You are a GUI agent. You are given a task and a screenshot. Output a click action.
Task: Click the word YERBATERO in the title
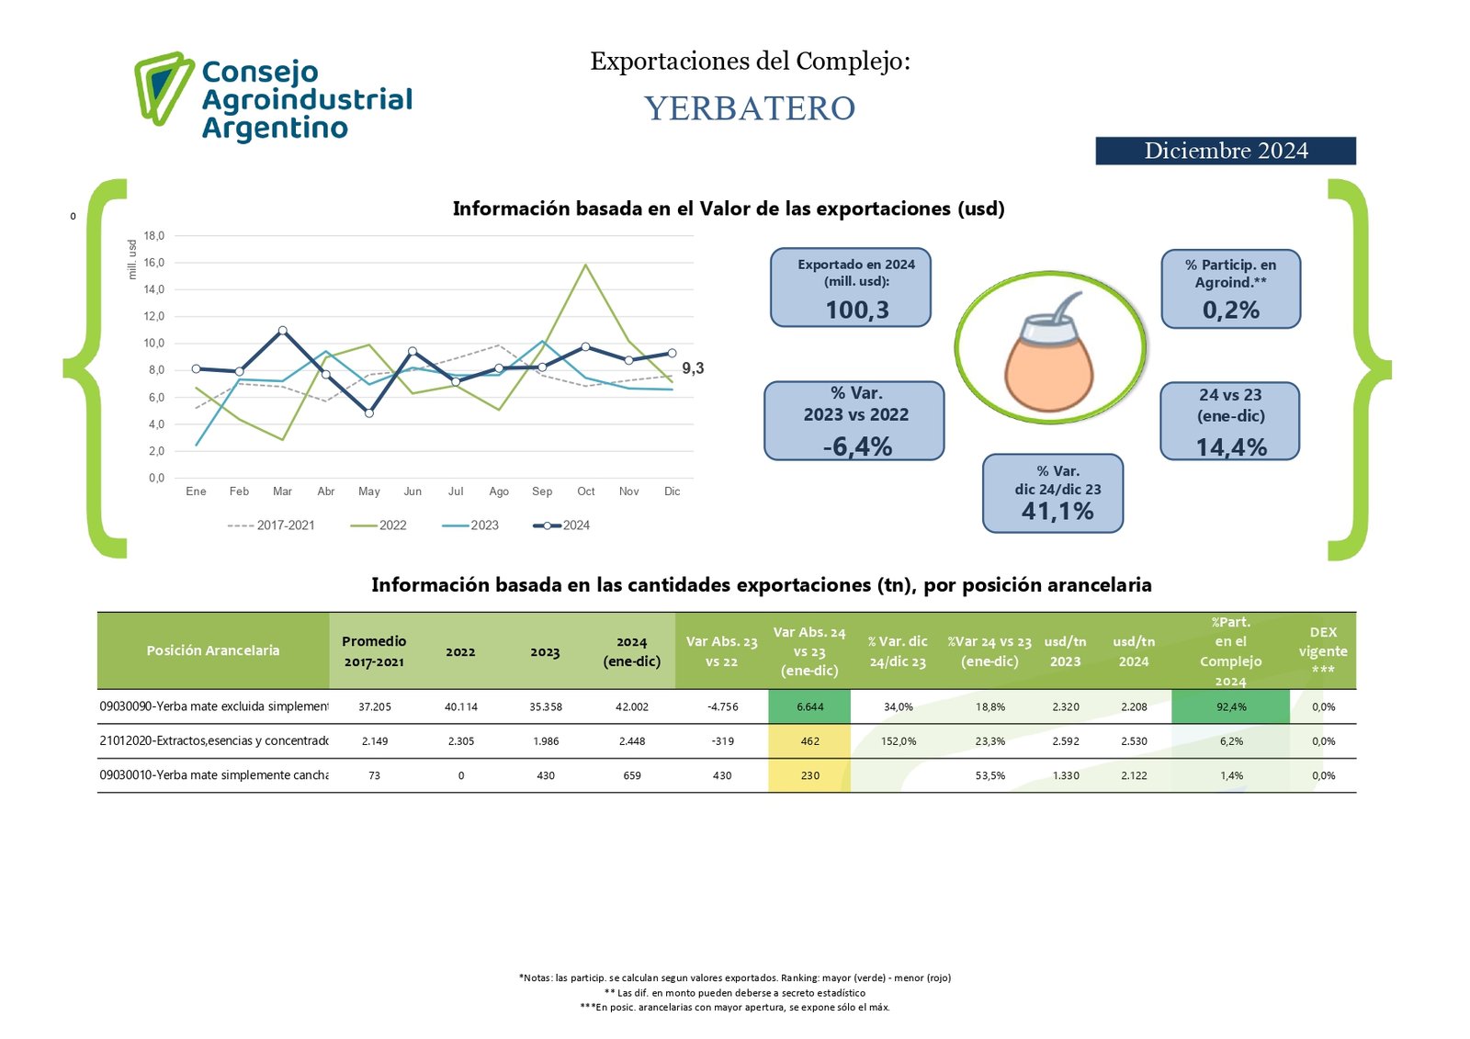(750, 108)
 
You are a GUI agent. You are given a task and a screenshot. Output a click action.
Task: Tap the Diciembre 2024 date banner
(1225, 151)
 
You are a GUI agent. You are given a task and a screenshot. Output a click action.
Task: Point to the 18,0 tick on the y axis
(153, 236)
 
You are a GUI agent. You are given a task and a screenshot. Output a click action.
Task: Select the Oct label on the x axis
(585, 491)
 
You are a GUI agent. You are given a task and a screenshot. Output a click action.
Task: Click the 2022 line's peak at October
(585, 265)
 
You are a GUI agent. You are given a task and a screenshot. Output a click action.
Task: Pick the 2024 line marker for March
(282, 331)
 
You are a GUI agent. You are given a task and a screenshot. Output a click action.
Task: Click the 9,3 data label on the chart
(693, 368)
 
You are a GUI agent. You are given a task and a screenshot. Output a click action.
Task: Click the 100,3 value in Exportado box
(856, 310)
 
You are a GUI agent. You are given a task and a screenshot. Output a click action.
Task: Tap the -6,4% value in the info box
(857, 446)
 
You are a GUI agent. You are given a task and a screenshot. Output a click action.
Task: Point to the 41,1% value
(1057, 511)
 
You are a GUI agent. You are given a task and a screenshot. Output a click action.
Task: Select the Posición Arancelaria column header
(213, 650)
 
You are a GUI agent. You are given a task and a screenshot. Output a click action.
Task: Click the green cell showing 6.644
(809, 706)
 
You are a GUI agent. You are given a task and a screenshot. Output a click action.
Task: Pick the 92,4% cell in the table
(1231, 706)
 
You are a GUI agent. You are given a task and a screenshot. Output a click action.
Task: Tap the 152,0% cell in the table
(898, 741)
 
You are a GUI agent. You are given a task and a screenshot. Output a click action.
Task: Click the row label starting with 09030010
(213, 775)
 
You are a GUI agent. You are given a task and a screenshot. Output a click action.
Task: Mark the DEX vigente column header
(1323, 650)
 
